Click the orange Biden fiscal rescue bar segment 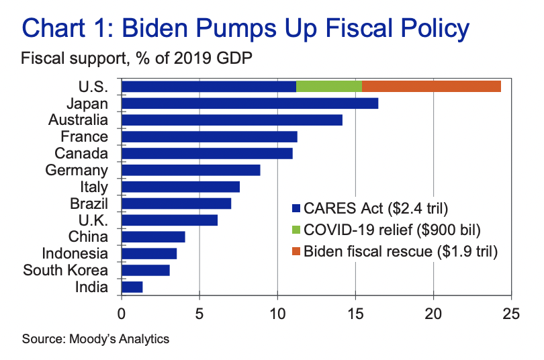(x=431, y=86)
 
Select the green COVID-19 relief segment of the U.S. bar (x=329, y=86)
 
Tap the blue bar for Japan (x=250, y=103)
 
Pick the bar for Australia (x=232, y=120)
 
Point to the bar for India (x=132, y=287)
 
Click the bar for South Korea (x=145, y=270)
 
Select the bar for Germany (x=191, y=170)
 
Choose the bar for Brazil (x=176, y=203)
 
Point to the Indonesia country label (x=75, y=253)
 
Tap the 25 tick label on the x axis (x=511, y=313)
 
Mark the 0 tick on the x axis (x=122, y=313)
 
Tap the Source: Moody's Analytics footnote (x=96, y=339)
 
